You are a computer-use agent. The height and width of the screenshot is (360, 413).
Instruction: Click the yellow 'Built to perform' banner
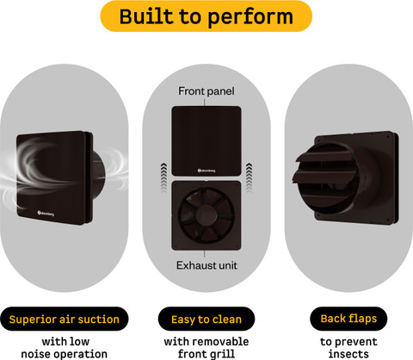click(206, 16)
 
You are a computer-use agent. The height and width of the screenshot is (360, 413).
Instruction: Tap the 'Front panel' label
click(206, 91)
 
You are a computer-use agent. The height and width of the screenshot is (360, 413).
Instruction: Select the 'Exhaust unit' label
click(206, 265)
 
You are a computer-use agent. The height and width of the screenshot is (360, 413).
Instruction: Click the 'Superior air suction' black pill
click(65, 319)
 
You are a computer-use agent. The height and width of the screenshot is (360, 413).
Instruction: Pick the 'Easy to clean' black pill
click(206, 319)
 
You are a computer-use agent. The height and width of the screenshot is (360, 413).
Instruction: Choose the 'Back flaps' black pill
click(348, 319)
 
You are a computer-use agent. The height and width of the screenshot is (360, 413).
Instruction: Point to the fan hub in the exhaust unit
click(206, 215)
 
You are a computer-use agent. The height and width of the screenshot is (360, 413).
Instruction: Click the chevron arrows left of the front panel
click(163, 177)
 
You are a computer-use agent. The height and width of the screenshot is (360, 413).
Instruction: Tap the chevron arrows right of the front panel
click(249, 177)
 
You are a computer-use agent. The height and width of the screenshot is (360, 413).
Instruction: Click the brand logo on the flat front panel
click(206, 171)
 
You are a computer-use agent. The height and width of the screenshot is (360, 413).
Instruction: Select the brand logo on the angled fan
click(46, 214)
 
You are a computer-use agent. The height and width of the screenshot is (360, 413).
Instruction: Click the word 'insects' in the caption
click(348, 354)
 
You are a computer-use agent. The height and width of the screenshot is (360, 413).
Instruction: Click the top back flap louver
click(324, 158)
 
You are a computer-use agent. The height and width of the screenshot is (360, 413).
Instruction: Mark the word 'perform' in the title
click(250, 17)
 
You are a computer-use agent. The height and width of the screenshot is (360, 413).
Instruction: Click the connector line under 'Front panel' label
click(205, 102)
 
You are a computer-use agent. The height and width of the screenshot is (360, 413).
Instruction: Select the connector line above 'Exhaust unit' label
click(205, 254)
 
